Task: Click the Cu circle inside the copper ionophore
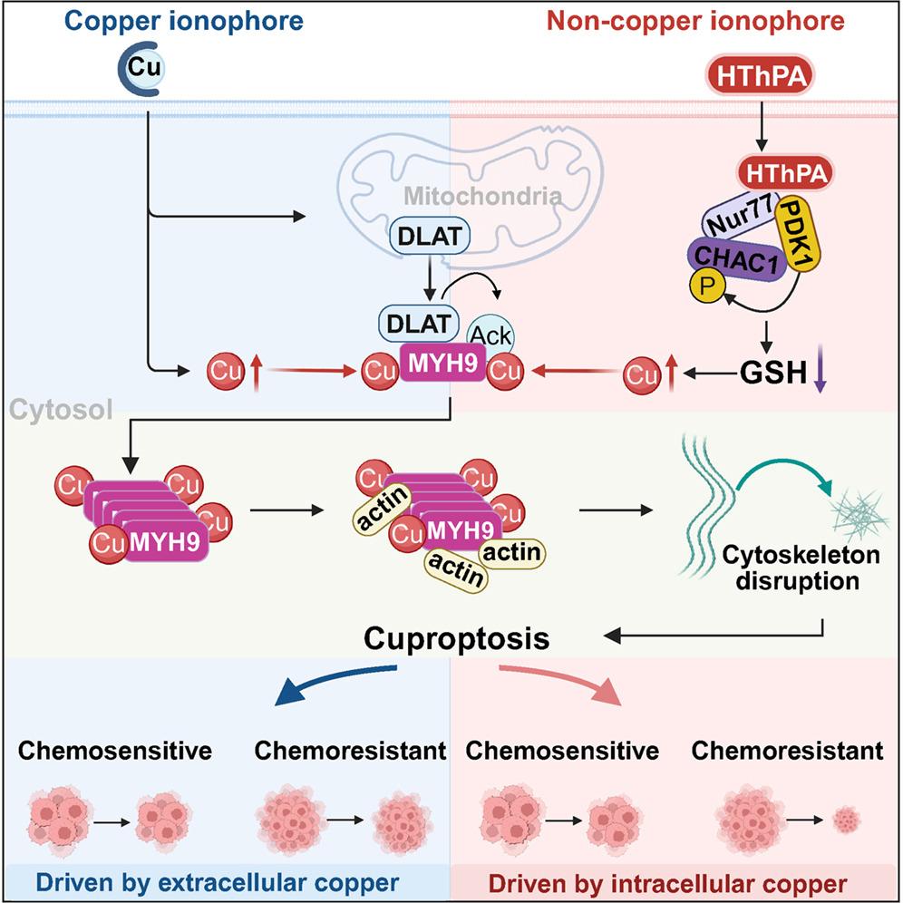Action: tap(144, 68)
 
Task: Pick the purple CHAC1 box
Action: tap(736, 259)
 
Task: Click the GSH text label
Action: tap(773, 373)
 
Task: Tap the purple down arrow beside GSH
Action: tap(820, 374)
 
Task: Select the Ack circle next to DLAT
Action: tap(490, 335)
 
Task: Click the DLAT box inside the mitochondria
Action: tap(430, 236)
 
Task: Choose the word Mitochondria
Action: tap(482, 197)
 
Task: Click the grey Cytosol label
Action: tap(61, 410)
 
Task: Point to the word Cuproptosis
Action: tap(457, 638)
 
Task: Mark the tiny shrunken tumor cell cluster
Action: tap(847, 819)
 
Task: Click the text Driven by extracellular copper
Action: tap(218, 883)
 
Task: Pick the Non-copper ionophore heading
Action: tap(695, 22)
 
